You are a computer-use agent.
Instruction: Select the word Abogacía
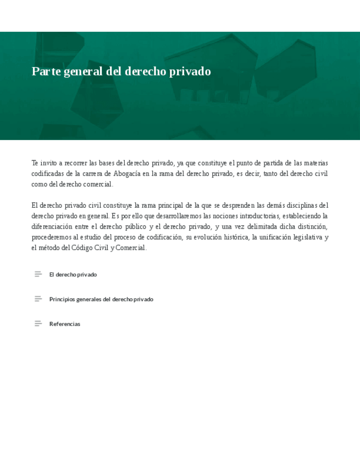point(130,174)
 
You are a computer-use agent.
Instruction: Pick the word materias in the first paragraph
point(315,163)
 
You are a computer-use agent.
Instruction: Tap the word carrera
point(96,174)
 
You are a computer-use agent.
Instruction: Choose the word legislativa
point(307,237)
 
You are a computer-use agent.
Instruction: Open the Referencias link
point(65,324)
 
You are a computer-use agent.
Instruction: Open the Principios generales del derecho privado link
point(101,299)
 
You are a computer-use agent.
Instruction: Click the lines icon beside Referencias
point(38,324)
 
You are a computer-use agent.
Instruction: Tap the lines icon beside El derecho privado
point(38,274)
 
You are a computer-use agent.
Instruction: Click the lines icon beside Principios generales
point(38,299)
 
